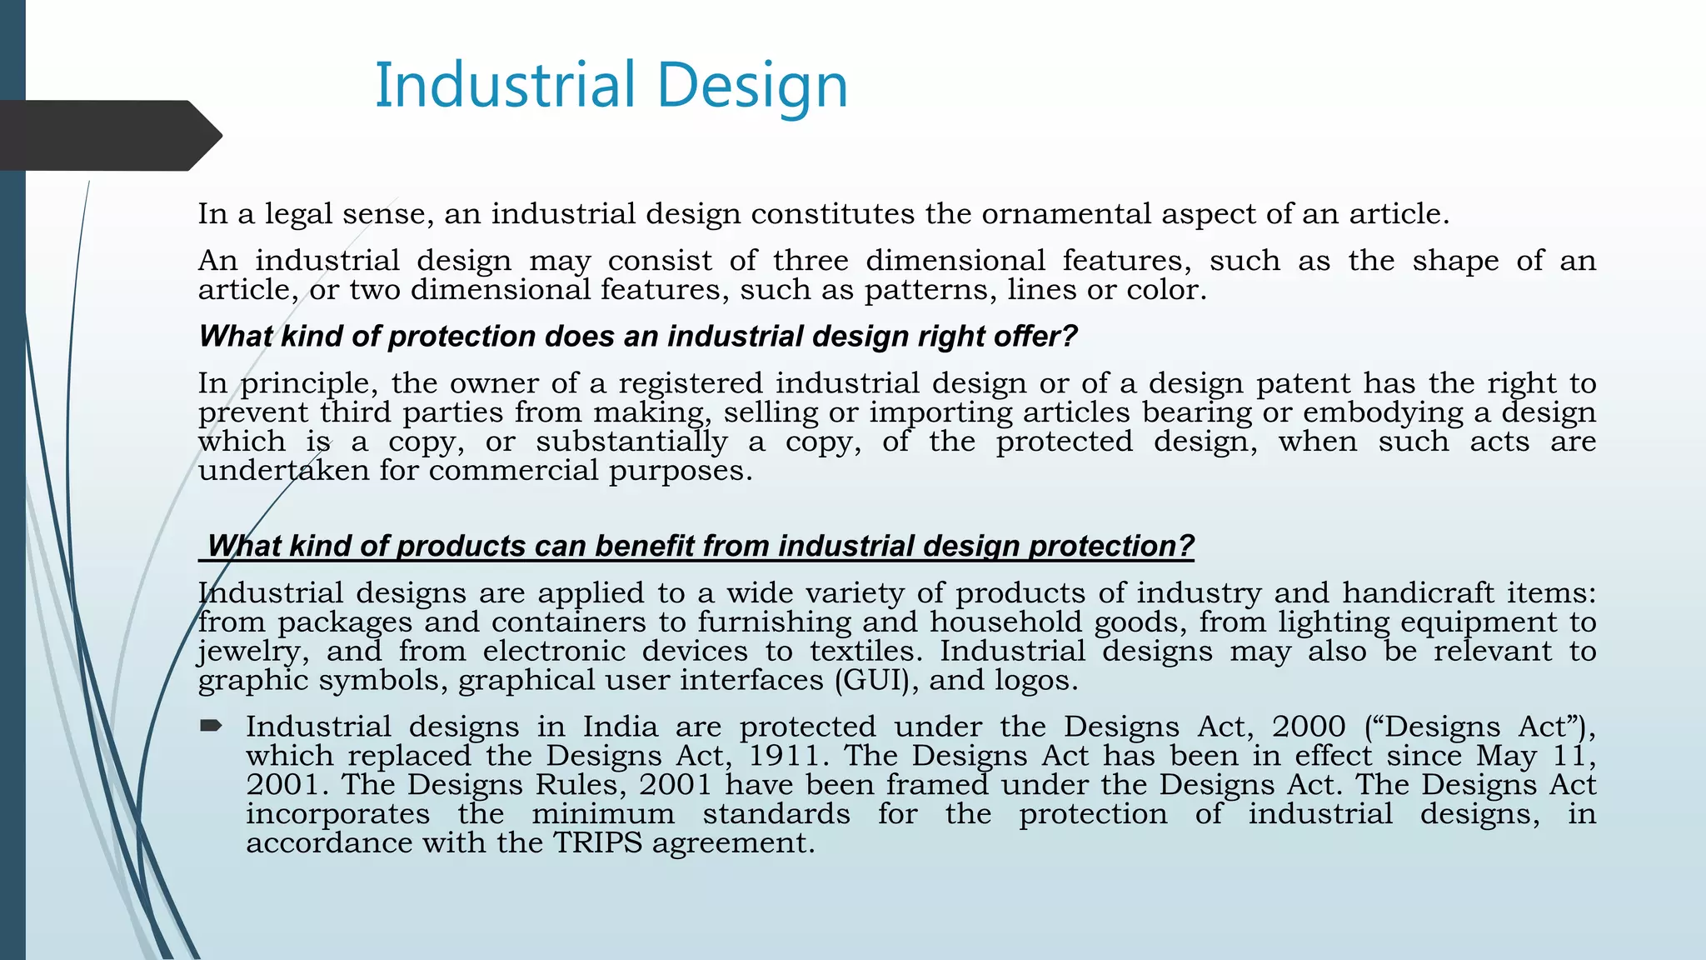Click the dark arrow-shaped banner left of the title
(x=108, y=136)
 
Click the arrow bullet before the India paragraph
(x=211, y=726)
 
